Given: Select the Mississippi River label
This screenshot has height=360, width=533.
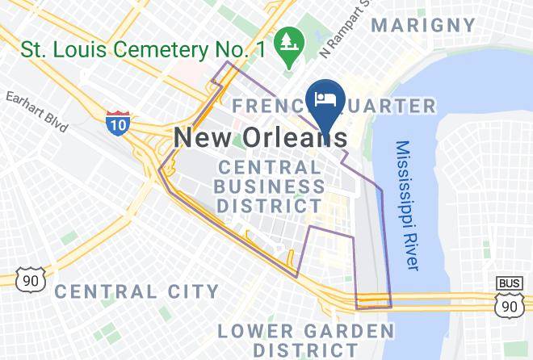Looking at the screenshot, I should point(408,205).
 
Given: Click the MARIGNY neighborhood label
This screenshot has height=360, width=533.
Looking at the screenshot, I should point(423,25).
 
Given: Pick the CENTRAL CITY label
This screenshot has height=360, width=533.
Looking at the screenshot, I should point(137,291).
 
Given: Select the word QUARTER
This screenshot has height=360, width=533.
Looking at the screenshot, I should point(389,106).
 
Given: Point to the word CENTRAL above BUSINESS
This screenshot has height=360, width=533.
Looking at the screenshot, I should point(270,168).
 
